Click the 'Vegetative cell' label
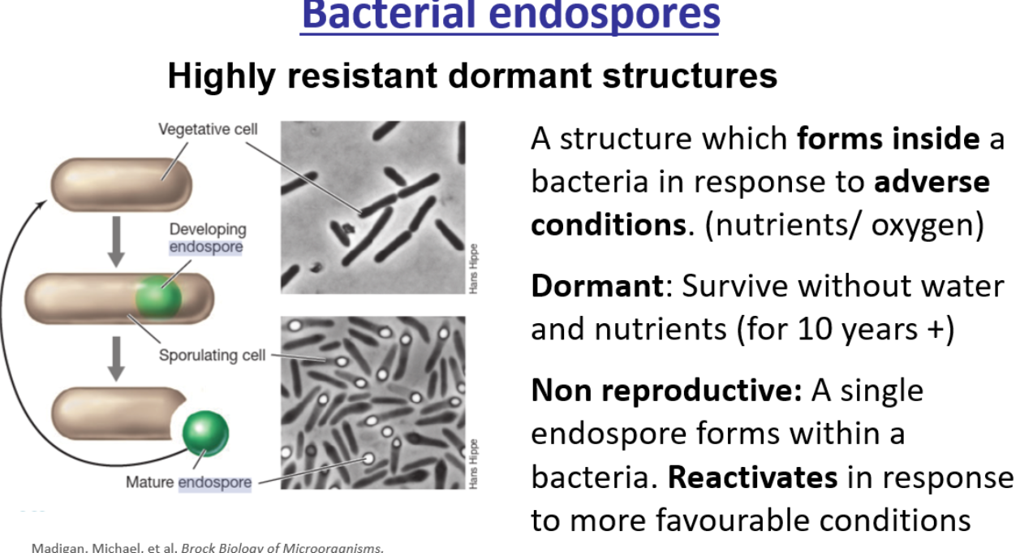(x=208, y=129)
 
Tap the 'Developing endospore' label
(x=207, y=238)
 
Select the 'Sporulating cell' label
(x=212, y=355)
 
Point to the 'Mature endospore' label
(x=188, y=482)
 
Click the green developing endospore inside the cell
(x=158, y=296)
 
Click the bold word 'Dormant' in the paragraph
(x=596, y=286)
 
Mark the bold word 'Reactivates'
(x=752, y=477)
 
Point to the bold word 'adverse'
(x=932, y=181)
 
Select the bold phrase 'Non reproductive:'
(x=666, y=391)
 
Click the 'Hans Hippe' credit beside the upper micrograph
(x=474, y=268)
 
